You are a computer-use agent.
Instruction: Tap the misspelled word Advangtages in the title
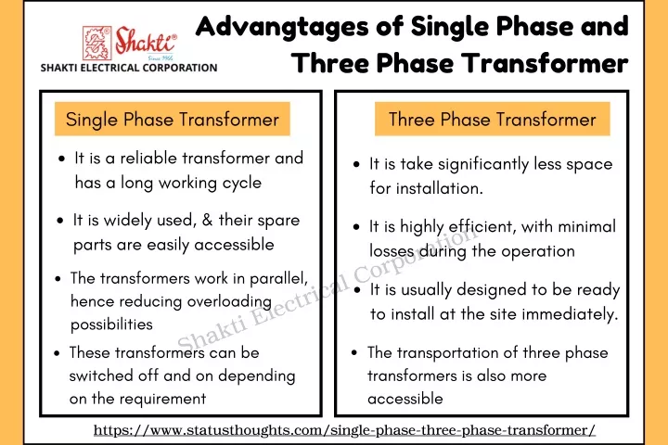(x=282, y=27)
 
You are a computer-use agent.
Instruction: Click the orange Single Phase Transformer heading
(x=173, y=119)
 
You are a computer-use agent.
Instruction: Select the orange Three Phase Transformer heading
(x=492, y=119)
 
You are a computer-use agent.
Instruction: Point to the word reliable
(x=148, y=158)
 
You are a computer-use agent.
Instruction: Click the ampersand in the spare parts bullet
(x=208, y=220)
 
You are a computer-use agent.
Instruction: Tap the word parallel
(x=278, y=279)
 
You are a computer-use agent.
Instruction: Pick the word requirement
(x=162, y=400)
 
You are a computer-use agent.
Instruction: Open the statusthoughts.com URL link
(x=344, y=429)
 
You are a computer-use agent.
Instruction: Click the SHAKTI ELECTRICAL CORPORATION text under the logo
(x=129, y=68)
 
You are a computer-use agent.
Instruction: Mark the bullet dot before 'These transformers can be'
(x=58, y=353)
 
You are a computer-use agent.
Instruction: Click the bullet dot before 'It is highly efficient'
(x=356, y=227)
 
